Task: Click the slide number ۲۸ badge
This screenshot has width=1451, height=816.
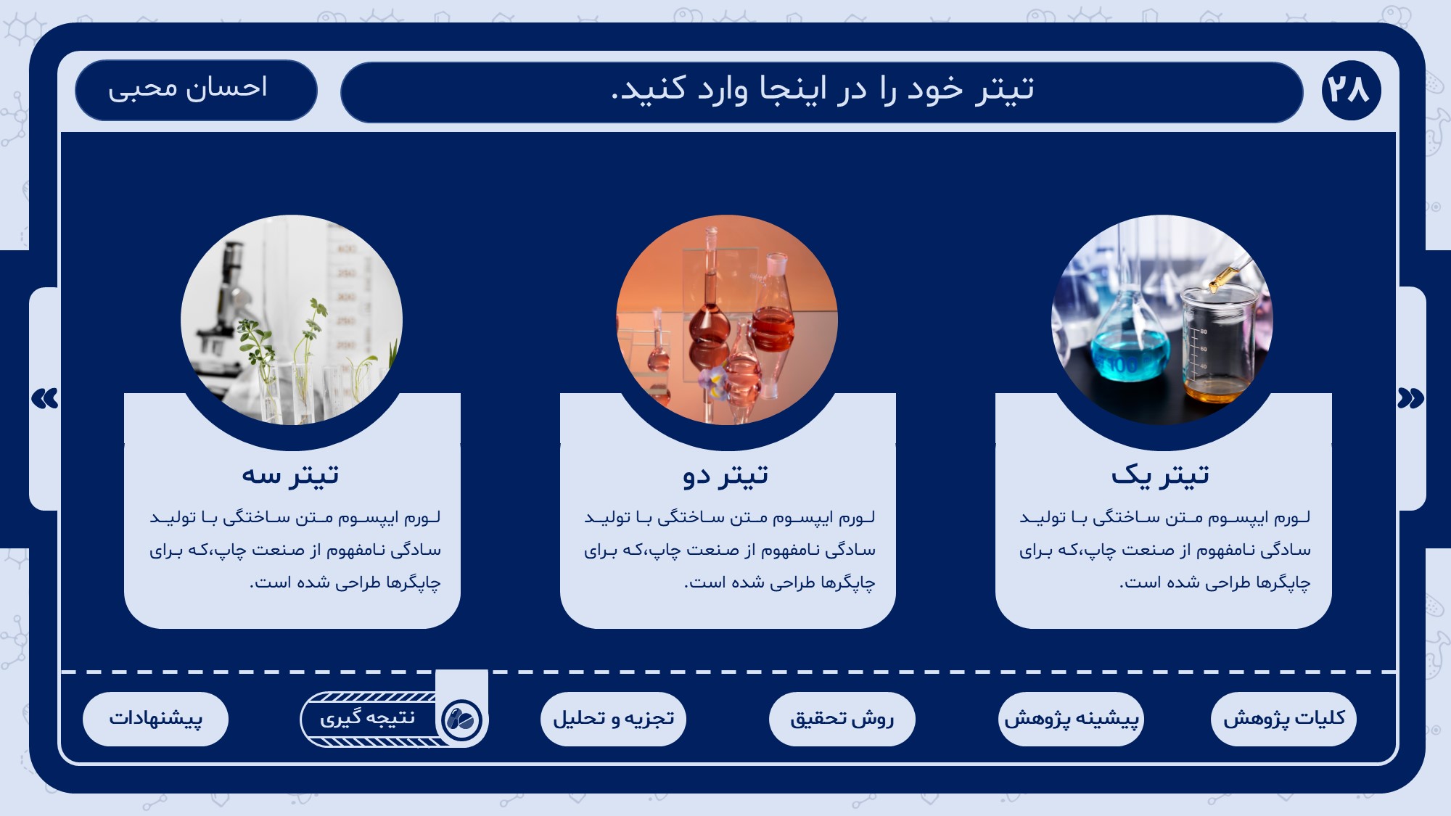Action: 1351,90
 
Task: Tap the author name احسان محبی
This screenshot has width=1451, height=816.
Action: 188,88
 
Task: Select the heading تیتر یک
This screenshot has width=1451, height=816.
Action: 1160,476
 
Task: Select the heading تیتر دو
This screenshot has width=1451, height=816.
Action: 725,476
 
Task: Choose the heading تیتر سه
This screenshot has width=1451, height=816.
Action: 290,476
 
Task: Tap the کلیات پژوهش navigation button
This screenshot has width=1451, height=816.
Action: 1283,719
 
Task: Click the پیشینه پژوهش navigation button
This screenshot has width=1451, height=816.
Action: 1071,719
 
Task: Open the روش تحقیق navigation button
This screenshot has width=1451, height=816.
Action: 842,719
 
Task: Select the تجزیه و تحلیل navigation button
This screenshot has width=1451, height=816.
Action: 613,719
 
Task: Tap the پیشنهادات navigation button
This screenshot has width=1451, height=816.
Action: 155,719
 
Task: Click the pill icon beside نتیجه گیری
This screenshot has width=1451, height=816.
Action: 461,720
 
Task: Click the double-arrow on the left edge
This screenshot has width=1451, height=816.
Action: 45,398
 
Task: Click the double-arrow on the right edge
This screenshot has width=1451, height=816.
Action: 1410,398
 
